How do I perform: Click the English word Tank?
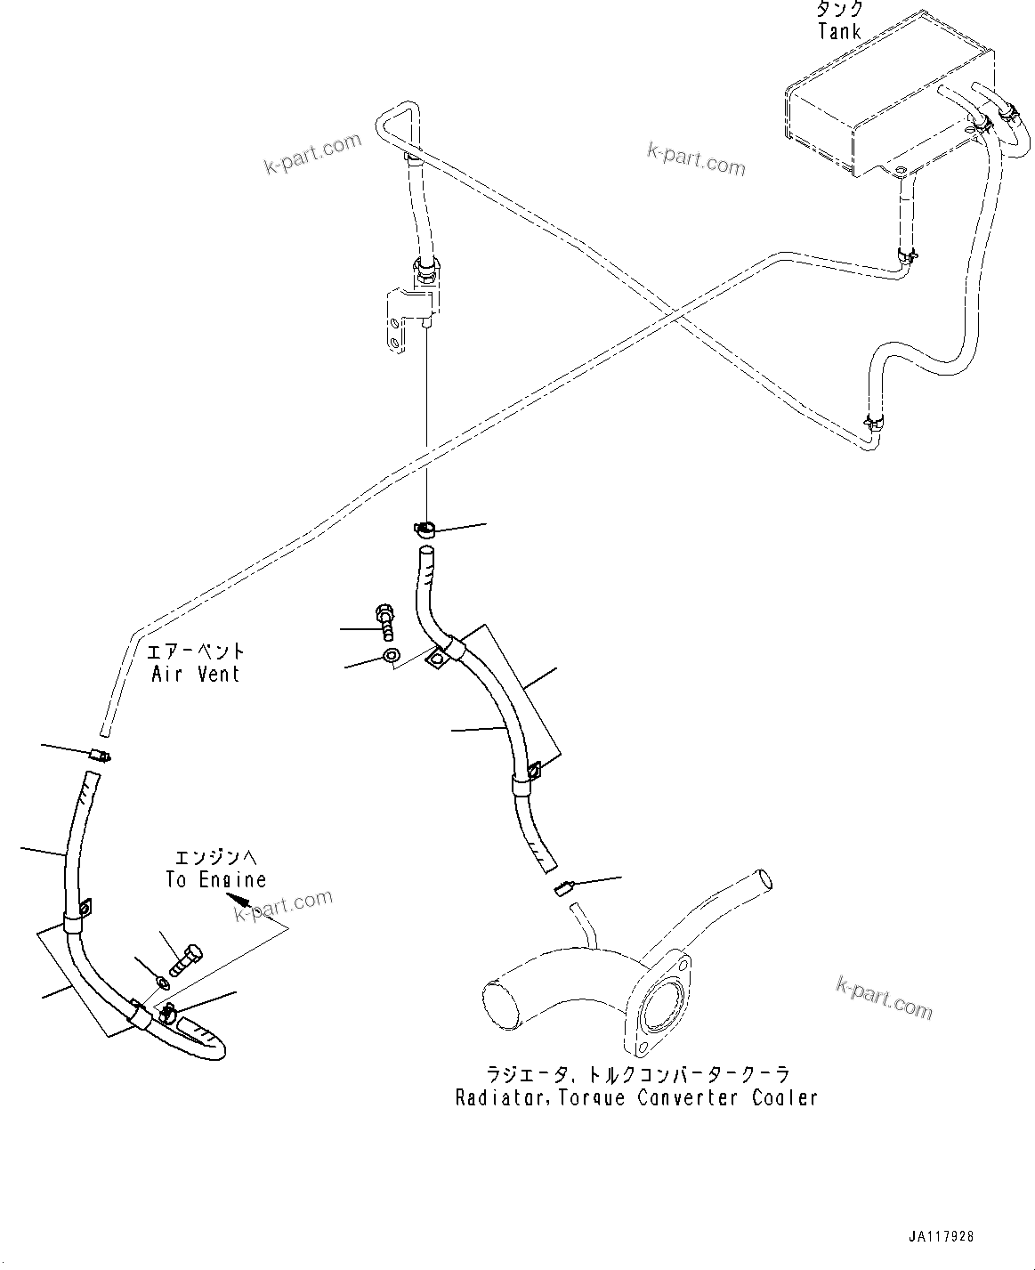pyautogui.click(x=839, y=33)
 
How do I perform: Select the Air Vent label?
pyautogui.click(x=196, y=674)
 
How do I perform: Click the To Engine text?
pyautogui.click(x=215, y=879)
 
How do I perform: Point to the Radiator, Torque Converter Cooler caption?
pyautogui.click(x=635, y=1097)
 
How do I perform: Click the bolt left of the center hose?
pyautogui.click(x=387, y=620)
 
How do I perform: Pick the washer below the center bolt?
pyautogui.click(x=391, y=658)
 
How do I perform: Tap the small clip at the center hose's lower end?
pyautogui.click(x=564, y=886)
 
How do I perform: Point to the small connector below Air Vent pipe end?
pyautogui.click(x=100, y=756)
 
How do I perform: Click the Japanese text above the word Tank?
pyautogui.click(x=839, y=11)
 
